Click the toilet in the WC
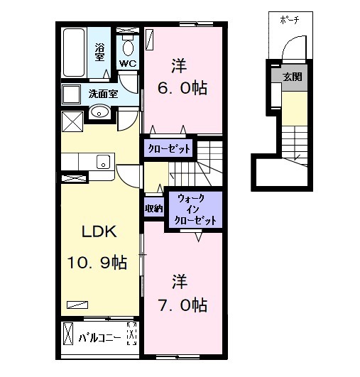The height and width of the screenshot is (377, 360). tap(128, 45)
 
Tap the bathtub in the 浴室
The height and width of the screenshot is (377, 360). tap(74, 53)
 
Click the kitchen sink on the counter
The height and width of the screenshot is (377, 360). tap(103, 162)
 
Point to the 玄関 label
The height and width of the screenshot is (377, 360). tap(292, 77)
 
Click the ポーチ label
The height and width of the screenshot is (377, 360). tap(290, 20)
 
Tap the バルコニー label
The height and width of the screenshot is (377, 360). tap(99, 338)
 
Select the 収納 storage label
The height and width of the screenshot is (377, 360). tap(153, 209)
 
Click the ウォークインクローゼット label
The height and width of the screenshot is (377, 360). tap(195, 209)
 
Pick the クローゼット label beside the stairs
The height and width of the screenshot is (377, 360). tap(169, 149)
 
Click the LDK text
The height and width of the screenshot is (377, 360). tap(99, 231)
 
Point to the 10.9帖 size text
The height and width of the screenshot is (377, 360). tap(97, 262)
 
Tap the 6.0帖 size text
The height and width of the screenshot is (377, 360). tap(182, 88)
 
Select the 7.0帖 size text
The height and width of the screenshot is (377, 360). tap(182, 305)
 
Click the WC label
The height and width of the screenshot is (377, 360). tap(128, 64)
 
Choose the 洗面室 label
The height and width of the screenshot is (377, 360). tap(103, 94)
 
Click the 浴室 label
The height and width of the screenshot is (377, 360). tap(99, 52)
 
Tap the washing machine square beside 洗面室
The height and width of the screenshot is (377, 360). tap(71, 94)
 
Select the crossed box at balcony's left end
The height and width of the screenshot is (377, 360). tap(68, 334)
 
